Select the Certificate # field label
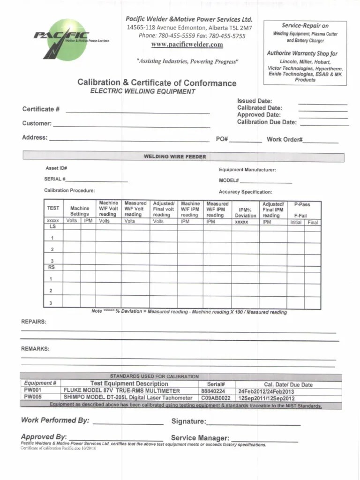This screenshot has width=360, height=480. coord(41,109)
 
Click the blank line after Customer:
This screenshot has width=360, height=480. coord(131,126)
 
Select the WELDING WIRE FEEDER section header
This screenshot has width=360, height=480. coord(174,157)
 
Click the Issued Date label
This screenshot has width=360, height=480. coord(255,101)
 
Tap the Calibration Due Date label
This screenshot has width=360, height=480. coord(267,122)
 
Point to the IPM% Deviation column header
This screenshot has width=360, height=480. coord(246,213)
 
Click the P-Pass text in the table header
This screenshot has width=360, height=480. coord(302,204)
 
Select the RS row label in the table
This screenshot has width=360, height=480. coord(52,267)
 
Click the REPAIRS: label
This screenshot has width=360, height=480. coord(34,322)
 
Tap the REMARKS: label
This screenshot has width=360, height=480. coord(35,349)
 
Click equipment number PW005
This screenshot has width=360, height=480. coord(33,397)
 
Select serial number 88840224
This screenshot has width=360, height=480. coord(213,391)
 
